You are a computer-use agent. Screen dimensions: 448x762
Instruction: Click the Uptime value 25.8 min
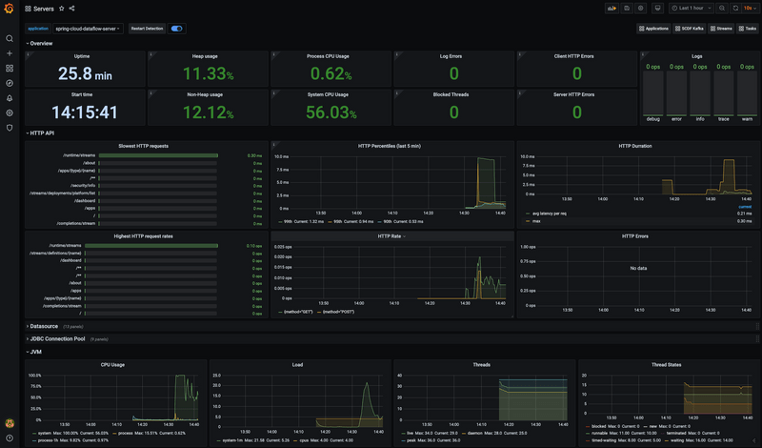(85, 73)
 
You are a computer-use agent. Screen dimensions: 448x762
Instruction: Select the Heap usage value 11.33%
(208, 73)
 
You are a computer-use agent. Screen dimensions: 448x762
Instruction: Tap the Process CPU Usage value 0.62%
(331, 73)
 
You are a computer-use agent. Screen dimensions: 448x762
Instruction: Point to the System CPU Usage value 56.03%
(331, 112)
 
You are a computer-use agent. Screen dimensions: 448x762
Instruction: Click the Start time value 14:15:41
(85, 112)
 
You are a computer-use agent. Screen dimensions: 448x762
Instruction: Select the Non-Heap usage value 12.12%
(208, 112)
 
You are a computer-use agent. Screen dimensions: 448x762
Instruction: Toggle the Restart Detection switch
(176, 29)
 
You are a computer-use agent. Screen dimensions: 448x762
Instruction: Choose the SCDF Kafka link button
(692, 29)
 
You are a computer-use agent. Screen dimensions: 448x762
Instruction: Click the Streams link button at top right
(722, 29)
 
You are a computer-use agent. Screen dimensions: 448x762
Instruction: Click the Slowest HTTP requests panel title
(144, 146)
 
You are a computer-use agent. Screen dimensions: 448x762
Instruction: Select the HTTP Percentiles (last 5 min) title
(390, 146)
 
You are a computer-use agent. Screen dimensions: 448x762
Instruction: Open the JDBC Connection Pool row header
(57, 338)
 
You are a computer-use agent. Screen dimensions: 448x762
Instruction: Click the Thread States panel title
(696, 364)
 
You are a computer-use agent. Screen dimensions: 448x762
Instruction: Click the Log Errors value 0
(453, 73)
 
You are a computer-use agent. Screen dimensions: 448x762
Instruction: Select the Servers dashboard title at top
(44, 8)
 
